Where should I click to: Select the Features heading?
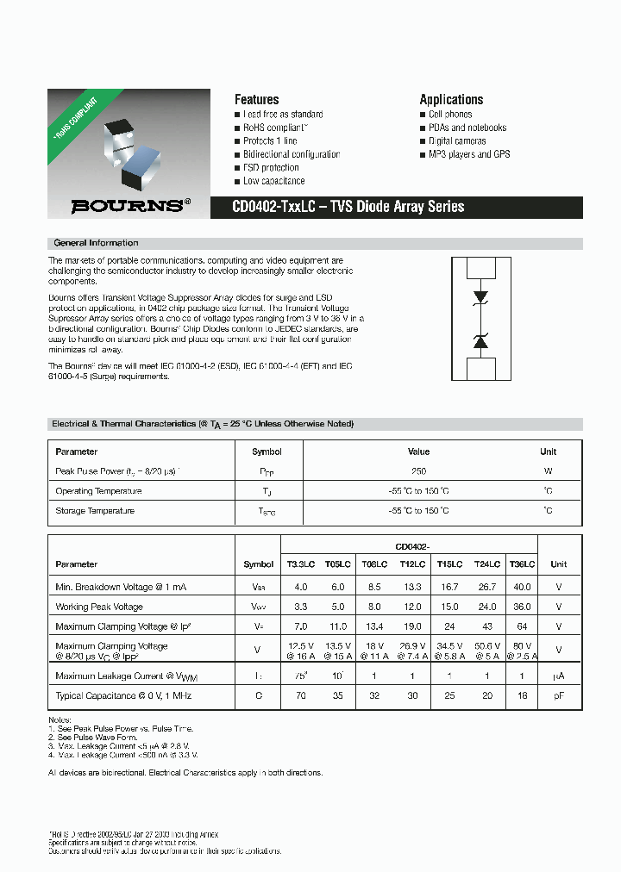[x=256, y=99]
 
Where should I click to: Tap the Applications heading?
[x=451, y=99]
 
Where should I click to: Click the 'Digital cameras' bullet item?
[x=457, y=141]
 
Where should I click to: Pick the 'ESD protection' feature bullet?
[x=271, y=168]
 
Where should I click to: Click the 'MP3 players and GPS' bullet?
[x=469, y=154]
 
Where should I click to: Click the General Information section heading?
[x=96, y=243]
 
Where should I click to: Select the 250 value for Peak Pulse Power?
[x=418, y=471]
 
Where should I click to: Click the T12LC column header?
[x=412, y=564]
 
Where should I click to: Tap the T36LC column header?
[x=522, y=564]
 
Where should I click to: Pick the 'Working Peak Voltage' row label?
[x=99, y=607]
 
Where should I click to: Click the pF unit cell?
[x=559, y=695]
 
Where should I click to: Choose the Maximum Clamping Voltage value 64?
[x=522, y=626]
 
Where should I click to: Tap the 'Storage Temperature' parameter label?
[x=95, y=511]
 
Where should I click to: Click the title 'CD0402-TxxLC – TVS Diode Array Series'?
[x=348, y=207]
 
